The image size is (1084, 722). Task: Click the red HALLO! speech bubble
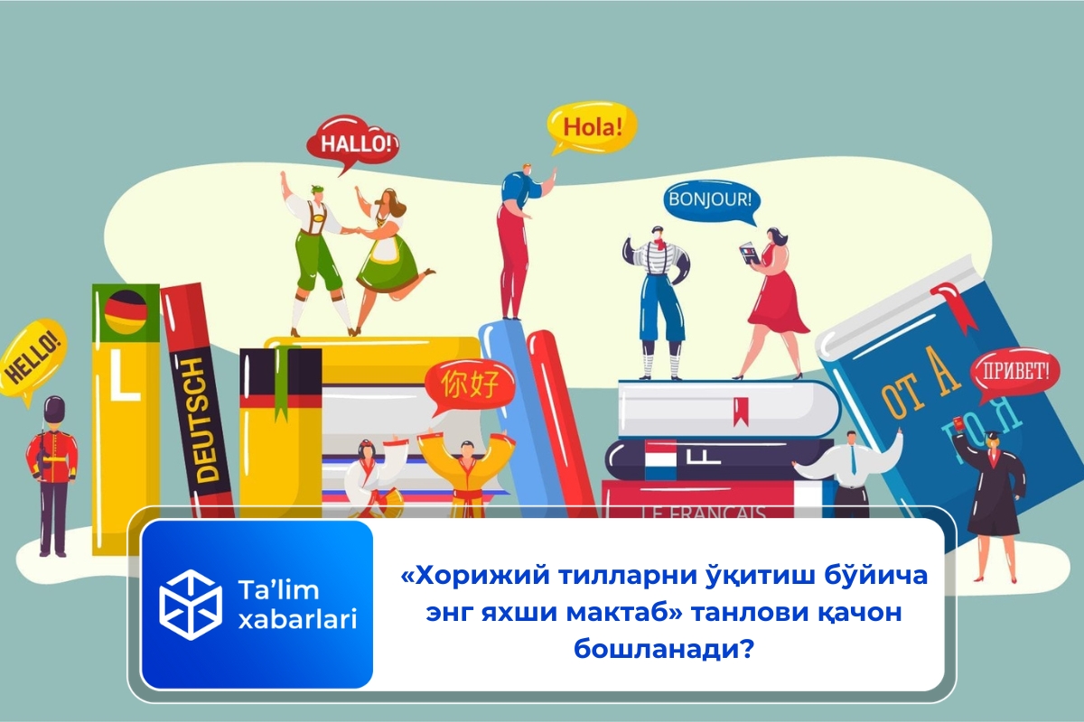tap(353, 143)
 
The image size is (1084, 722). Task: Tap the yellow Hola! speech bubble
tap(593, 126)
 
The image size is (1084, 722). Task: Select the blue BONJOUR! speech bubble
tap(709, 199)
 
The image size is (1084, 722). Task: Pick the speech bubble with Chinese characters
tap(469, 384)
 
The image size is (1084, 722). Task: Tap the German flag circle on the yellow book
tap(126, 312)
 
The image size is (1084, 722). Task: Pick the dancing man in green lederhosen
tap(313, 253)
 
